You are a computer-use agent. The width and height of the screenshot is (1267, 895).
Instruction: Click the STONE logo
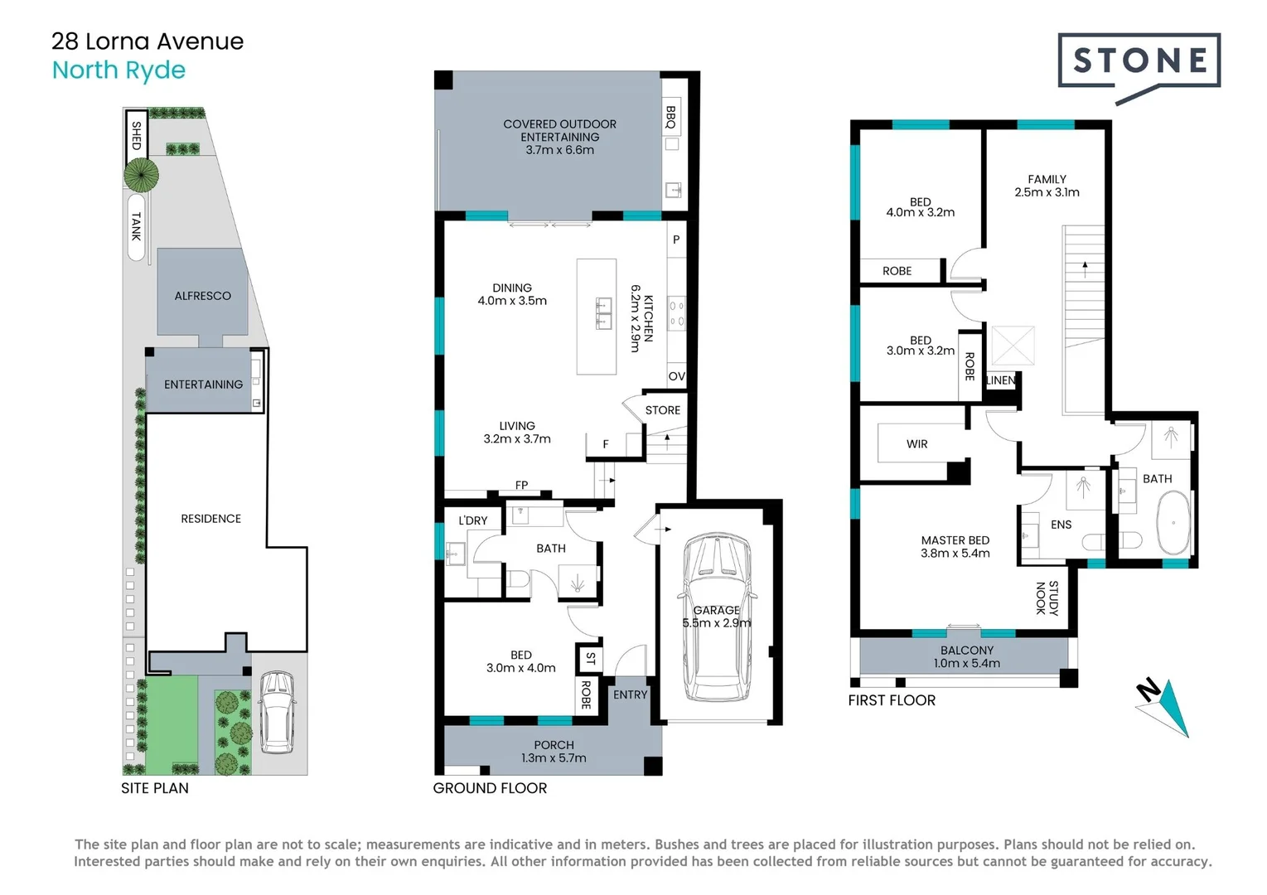pyautogui.click(x=1139, y=68)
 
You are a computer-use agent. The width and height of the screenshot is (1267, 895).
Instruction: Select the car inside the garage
pyautogui.click(x=718, y=617)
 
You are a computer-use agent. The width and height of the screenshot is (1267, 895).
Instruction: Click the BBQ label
pyautogui.click(x=671, y=117)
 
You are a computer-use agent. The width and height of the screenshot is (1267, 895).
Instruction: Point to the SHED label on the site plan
pyautogui.click(x=137, y=135)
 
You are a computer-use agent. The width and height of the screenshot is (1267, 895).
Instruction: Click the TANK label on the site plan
pyautogui.click(x=137, y=226)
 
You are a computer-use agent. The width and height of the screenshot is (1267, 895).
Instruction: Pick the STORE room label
pyautogui.click(x=662, y=410)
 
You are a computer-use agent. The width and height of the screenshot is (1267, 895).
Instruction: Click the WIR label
pyautogui.click(x=916, y=444)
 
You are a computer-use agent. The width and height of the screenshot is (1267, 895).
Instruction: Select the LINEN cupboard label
pyautogui.click(x=1001, y=380)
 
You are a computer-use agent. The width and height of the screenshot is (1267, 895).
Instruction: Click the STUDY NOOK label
pyautogui.click(x=1047, y=597)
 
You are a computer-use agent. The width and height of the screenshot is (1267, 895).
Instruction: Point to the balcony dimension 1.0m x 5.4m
pyautogui.click(x=967, y=663)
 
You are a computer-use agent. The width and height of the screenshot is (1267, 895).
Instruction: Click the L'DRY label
pyautogui.click(x=473, y=520)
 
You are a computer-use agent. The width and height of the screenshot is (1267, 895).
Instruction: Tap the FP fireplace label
pyautogui.click(x=521, y=485)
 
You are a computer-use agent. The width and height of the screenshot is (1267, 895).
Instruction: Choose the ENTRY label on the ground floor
pyautogui.click(x=630, y=694)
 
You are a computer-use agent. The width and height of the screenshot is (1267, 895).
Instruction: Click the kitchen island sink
pyautogui.click(x=603, y=314)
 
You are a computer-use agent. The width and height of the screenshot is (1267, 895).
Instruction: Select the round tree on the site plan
pyautogui.click(x=141, y=175)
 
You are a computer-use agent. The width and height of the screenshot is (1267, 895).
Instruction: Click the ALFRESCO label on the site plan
pyautogui.click(x=202, y=296)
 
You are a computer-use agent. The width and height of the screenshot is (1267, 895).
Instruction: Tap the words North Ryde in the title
pyautogui.click(x=118, y=70)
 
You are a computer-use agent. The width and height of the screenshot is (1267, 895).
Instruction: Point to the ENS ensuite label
pyautogui.click(x=1061, y=525)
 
